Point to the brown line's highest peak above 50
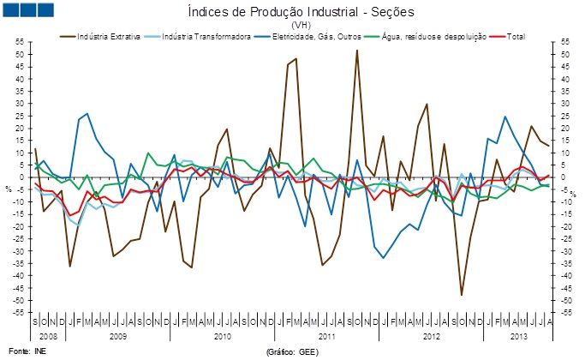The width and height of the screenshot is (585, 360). pos(357,50)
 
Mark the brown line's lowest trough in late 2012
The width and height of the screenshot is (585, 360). pos(462,295)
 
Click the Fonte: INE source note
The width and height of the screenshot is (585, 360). pos(21,351)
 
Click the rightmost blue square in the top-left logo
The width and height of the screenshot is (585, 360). pos(44,10)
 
